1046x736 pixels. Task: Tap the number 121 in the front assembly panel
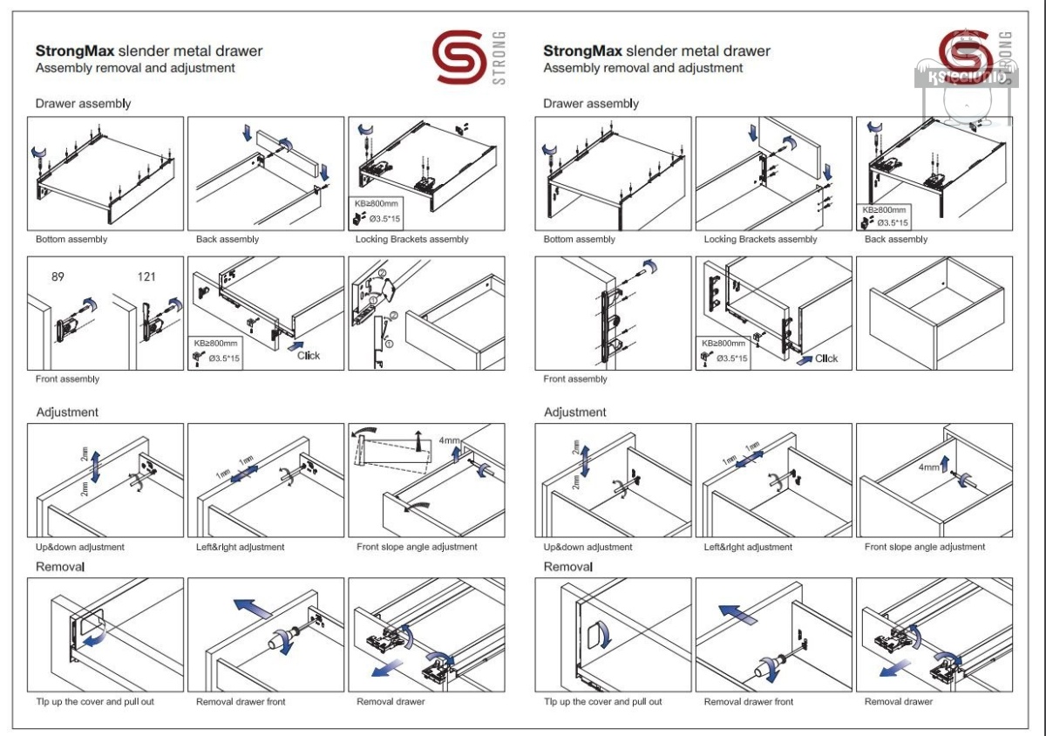pos(146,276)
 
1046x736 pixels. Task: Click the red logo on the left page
pos(458,58)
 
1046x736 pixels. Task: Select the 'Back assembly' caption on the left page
pos(228,239)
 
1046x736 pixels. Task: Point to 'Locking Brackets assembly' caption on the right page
pos(760,239)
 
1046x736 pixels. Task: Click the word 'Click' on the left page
pos(309,355)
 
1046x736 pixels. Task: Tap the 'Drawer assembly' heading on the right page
pos(591,104)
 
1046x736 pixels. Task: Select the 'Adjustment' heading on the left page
pos(67,412)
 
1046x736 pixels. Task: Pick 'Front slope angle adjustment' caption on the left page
pos(417,547)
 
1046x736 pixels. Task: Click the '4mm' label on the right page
pos(929,467)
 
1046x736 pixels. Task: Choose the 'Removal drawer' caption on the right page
pos(899,701)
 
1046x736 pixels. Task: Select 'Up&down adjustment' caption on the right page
pos(588,547)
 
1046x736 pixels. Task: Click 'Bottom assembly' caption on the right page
pos(579,239)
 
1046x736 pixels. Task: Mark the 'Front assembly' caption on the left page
pos(67,378)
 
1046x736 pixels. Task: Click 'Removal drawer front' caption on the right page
pos(749,701)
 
